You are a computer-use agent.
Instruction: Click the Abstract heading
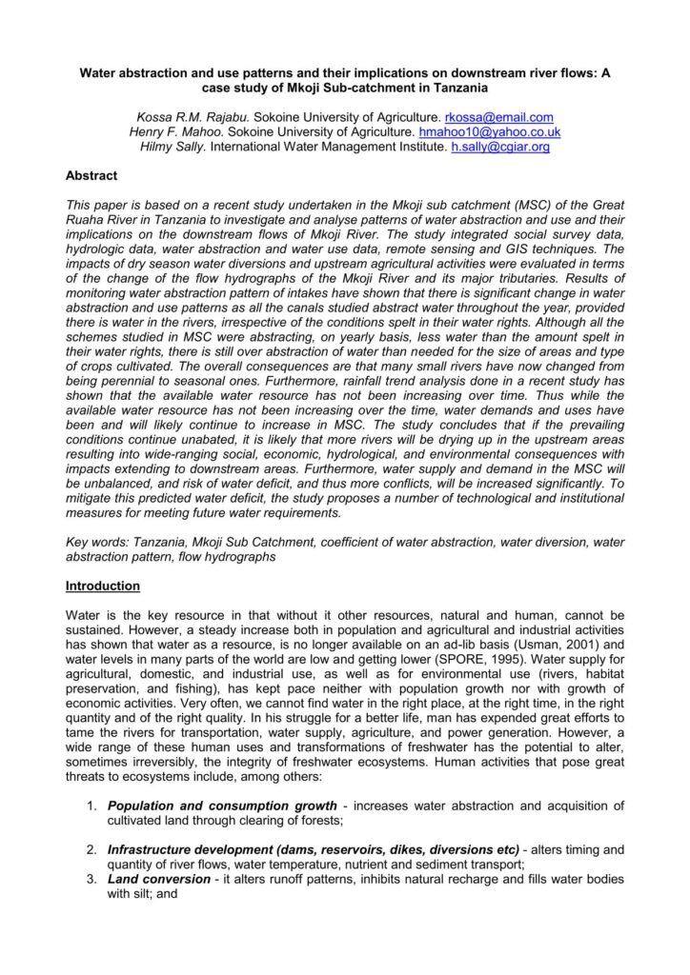pos(91,176)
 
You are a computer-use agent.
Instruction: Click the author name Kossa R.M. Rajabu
pos(187,117)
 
